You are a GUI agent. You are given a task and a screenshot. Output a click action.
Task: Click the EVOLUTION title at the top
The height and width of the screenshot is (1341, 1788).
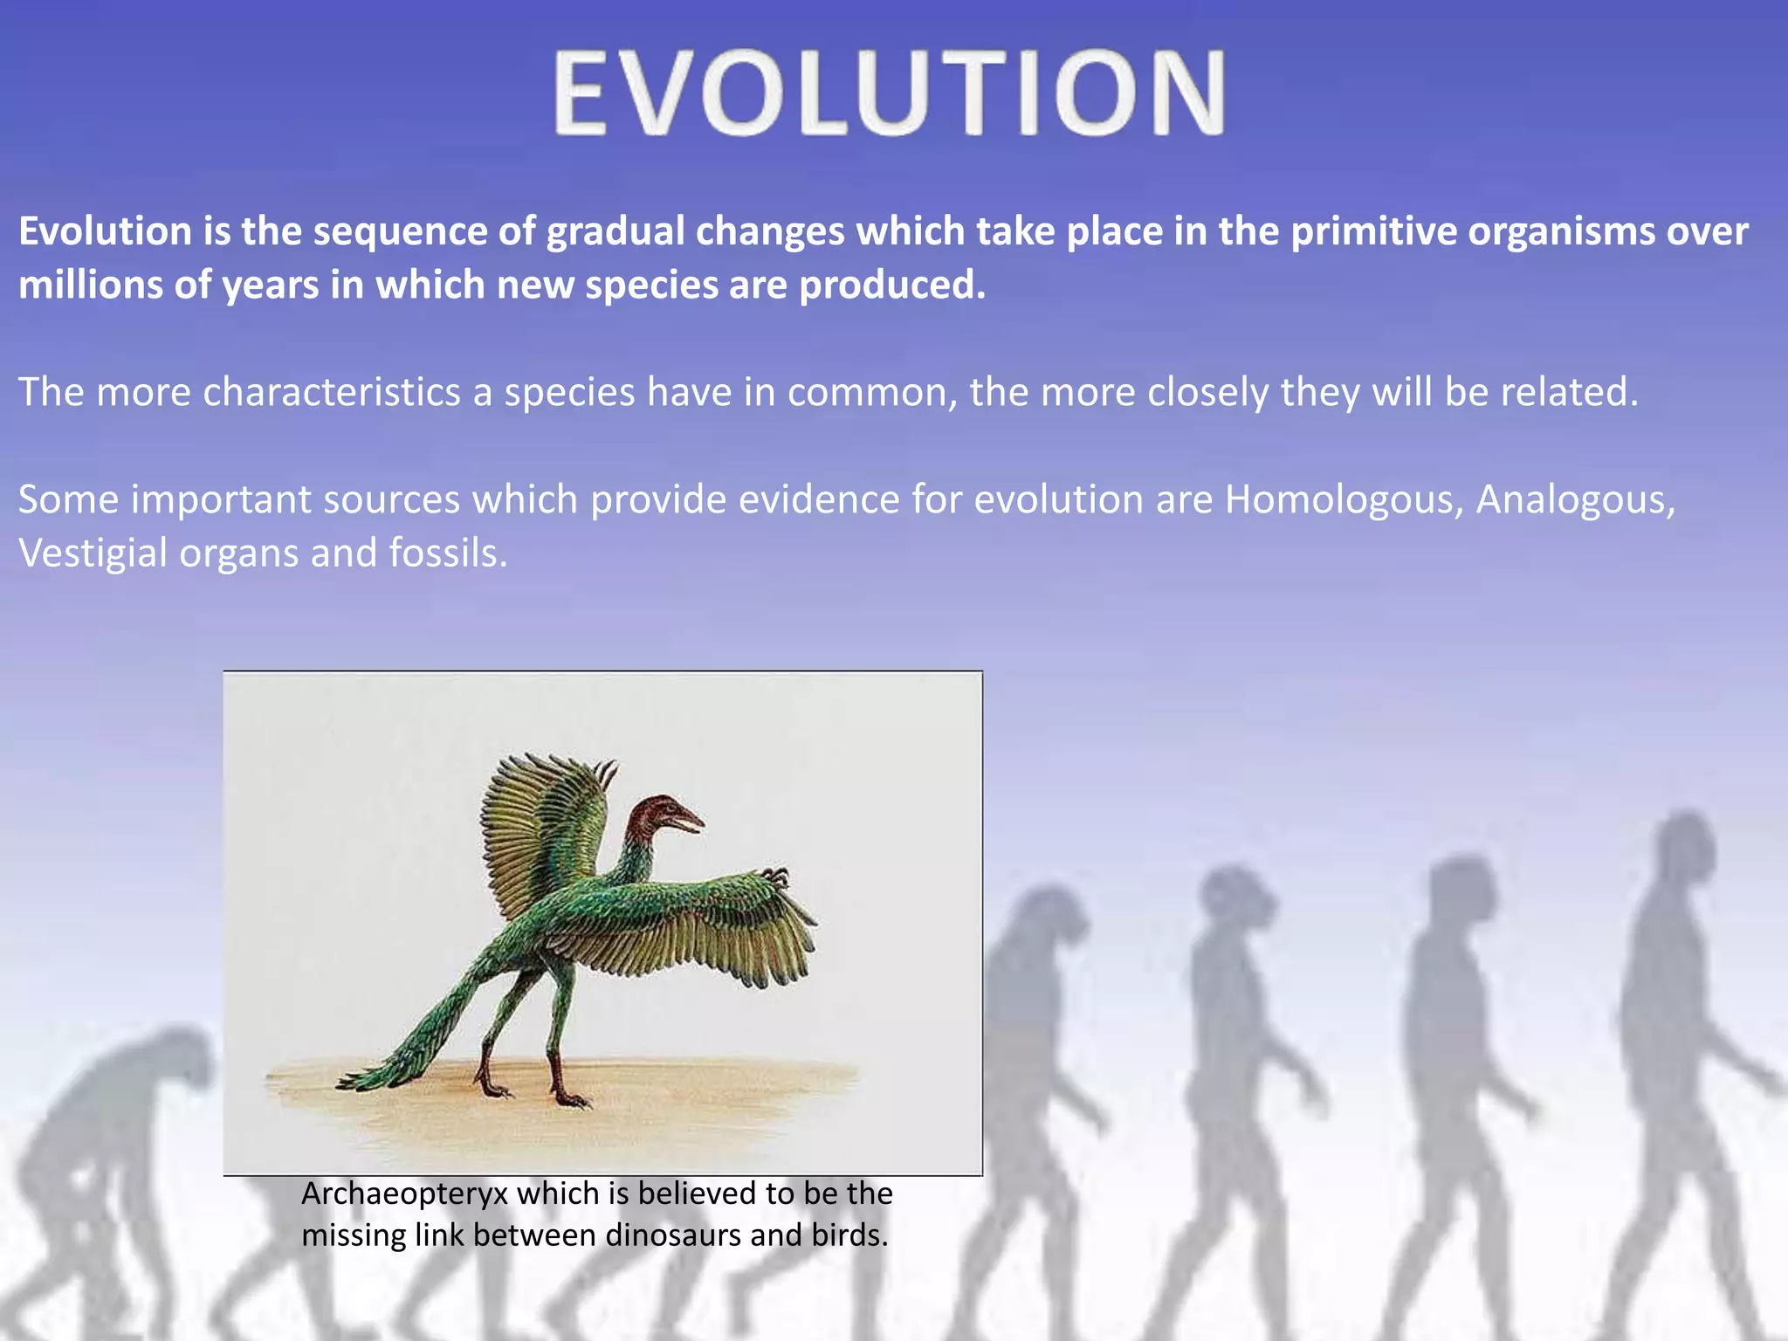click(x=889, y=93)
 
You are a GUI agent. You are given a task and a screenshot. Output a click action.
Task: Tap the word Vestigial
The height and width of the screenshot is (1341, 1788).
click(x=93, y=554)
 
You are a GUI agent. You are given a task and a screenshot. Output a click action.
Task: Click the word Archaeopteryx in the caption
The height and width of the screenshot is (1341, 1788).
click(x=404, y=1193)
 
